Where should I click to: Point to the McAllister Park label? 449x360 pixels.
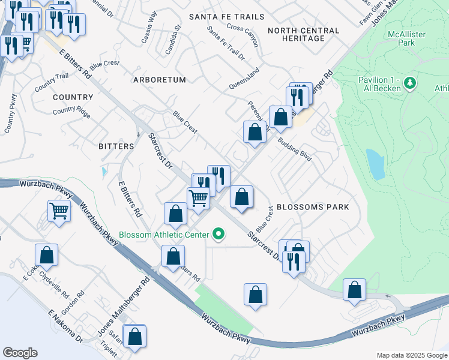point(406,38)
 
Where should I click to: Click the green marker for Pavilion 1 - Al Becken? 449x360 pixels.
point(411,83)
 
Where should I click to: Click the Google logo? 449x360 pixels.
point(20,352)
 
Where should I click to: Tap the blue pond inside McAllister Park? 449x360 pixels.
point(375,164)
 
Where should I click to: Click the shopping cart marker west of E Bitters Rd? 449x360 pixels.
point(59,211)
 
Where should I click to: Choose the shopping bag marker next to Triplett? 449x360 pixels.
point(134,337)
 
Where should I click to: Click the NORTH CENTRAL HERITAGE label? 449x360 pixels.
point(303,34)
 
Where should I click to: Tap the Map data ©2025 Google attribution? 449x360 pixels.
point(411,355)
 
